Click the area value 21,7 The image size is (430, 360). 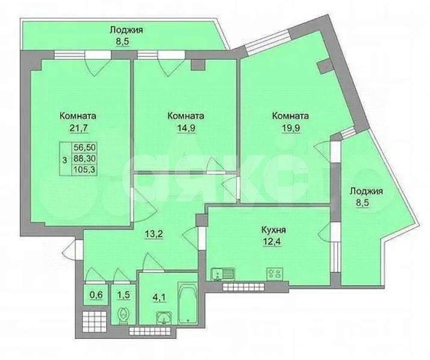click(78, 128)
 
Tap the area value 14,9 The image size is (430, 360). click(185, 128)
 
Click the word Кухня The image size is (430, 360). click(273, 229)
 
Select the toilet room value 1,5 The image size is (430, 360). click(123, 296)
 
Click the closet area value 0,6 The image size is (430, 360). click(96, 296)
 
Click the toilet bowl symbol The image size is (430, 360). click(123, 315)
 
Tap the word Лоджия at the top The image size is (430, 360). click(126, 29)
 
